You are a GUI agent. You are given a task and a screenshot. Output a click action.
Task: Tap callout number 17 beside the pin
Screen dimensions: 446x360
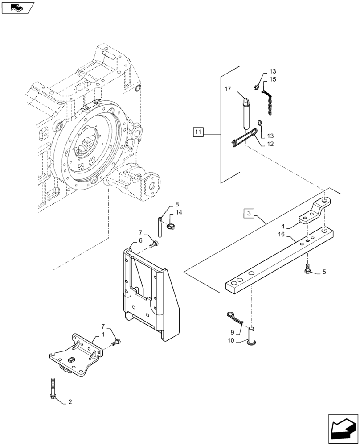(228, 89)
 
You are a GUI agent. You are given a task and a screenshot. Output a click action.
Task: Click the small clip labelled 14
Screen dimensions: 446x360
(169, 227)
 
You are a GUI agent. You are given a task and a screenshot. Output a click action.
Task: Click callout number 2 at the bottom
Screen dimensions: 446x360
(70, 402)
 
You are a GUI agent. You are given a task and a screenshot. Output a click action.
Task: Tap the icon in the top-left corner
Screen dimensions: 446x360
(17, 8)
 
